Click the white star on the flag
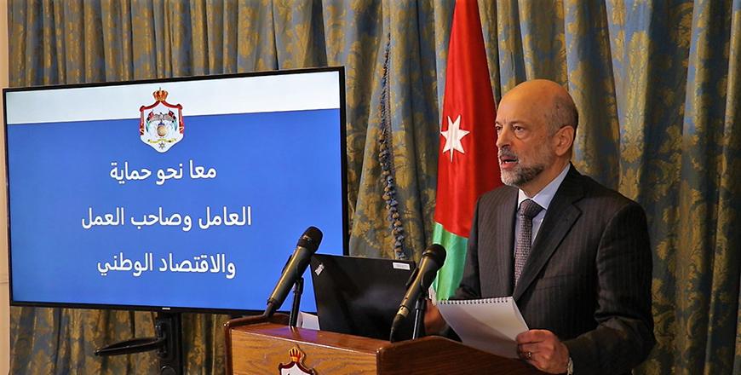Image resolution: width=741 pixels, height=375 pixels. [455, 136]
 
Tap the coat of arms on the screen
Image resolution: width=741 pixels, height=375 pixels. [162, 120]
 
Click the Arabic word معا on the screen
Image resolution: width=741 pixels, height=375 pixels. [203, 170]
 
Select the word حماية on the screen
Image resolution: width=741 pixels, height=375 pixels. [128, 171]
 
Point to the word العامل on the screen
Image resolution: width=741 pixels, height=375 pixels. [225, 217]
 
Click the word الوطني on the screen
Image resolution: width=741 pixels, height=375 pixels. [123, 265]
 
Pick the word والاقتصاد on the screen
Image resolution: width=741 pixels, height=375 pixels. [195, 266]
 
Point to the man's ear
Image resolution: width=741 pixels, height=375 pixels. [566, 141]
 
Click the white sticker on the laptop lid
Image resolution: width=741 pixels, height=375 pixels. [402, 266]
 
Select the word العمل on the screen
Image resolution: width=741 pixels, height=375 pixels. [104, 218]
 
